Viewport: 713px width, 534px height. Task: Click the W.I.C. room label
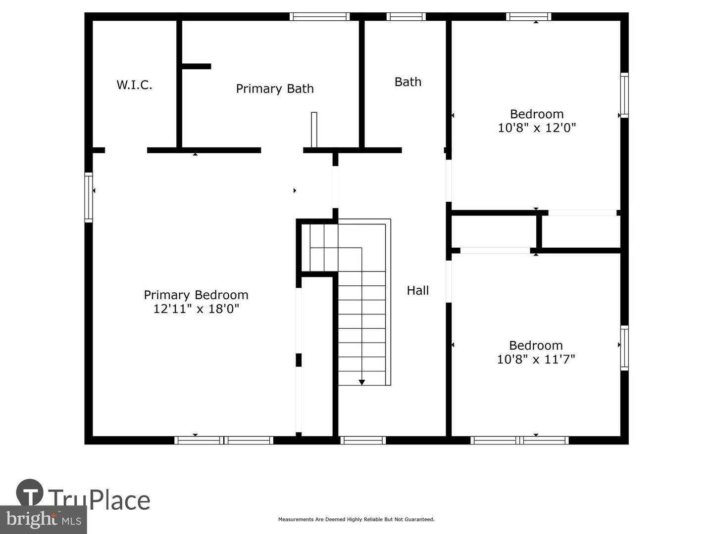[134, 85]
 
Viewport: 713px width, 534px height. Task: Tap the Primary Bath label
[275, 89]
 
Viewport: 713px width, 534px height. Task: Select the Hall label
[418, 290]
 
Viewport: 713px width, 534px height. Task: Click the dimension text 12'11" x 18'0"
[196, 309]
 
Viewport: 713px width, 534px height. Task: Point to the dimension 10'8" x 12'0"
[537, 128]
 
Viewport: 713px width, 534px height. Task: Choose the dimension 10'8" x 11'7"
[536, 359]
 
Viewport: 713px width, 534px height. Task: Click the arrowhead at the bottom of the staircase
[362, 382]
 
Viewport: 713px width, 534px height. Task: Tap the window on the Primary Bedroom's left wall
[89, 197]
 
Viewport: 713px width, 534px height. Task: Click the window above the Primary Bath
[320, 16]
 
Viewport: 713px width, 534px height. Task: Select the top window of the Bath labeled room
[406, 16]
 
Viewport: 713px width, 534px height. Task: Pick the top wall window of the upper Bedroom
[528, 16]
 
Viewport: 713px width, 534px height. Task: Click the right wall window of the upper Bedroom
[624, 95]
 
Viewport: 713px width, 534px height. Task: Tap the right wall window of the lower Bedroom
[624, 348]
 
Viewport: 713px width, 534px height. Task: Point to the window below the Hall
[363, 440]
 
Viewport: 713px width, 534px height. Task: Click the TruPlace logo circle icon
[30, 492]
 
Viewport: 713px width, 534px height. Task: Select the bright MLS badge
[43, 520]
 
